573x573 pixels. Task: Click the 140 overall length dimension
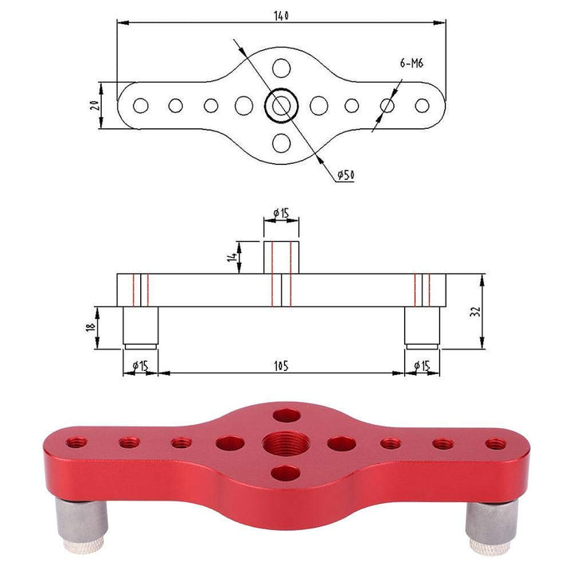coord(280,15)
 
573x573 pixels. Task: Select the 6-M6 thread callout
coord(411,64)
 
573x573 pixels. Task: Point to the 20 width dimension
coord(94,105)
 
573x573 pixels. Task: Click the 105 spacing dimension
coord(280,365)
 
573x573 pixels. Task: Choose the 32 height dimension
coord(475,311)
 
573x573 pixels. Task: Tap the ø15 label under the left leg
coord(140,365)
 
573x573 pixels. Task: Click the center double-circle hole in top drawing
coord(281,105)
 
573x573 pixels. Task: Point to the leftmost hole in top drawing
coord(140,105)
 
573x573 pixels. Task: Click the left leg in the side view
coord(140,326)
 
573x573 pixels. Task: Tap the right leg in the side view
coord(421,326)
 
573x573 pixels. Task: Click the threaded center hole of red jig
coord(284,442)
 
